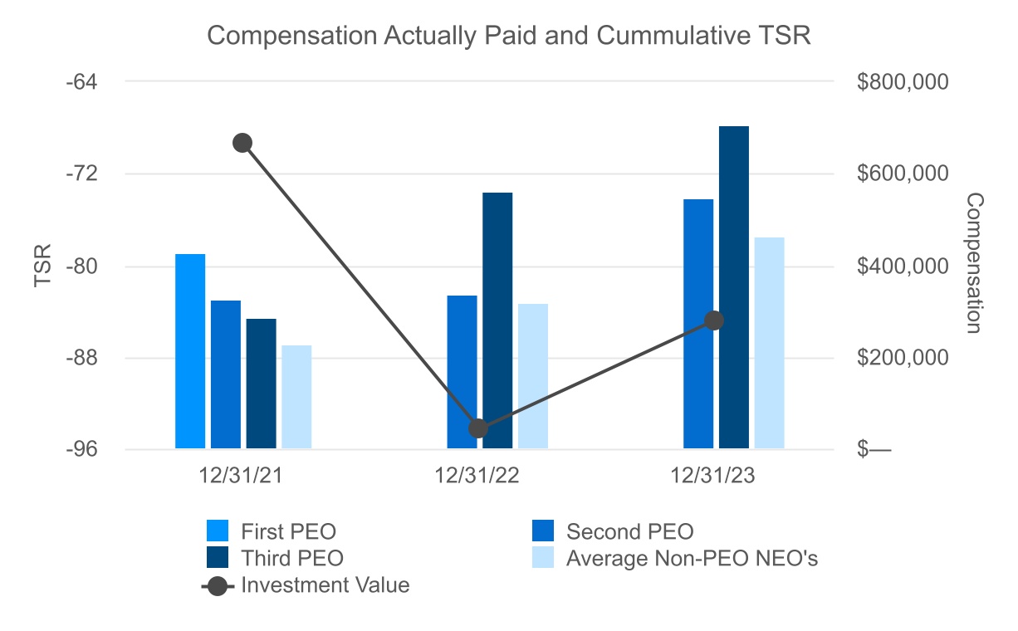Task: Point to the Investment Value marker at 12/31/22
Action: tap(478, 428)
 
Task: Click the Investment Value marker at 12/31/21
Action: tap(242, 143)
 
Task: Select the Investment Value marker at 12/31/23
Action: tap(714, 321)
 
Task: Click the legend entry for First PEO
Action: tap(288, 531)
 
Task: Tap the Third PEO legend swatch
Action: tap(218, 557)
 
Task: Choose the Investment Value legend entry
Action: tap(325, 585)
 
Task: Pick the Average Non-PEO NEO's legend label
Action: tap(692, 559)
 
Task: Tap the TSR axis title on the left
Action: tap(43, 266)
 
